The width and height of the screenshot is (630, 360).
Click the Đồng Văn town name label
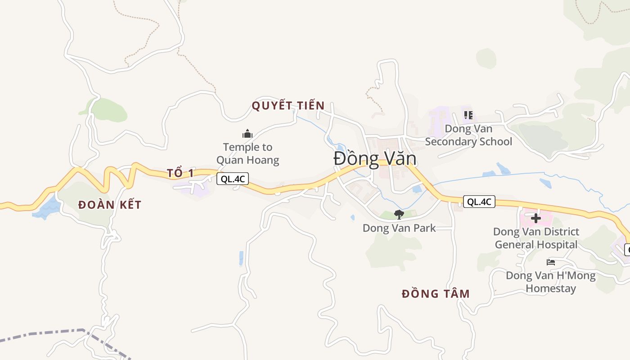click(375, 159)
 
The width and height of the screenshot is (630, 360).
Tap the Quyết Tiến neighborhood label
click(288, 106)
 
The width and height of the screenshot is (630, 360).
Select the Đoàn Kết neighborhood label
click(110, 205)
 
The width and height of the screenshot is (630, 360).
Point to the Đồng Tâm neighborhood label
click(436, 294)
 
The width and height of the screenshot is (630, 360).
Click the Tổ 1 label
click(180, 173)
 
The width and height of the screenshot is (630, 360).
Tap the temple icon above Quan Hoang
click(247, 134)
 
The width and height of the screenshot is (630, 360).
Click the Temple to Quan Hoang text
click(248, 153)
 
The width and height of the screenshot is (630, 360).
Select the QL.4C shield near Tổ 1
click(233, 179)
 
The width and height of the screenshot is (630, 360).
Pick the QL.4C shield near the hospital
click(479, 202)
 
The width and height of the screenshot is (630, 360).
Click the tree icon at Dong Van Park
click(399, 215)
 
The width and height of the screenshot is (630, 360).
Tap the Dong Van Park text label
click(399, 228)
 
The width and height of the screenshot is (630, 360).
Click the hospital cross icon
click(535, 219)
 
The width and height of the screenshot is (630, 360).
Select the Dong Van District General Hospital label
click(536, 238)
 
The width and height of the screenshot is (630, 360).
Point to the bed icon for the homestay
click(551, 262)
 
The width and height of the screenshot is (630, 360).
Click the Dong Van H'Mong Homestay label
click(551, 282)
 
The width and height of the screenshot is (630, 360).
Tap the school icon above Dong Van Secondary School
click(468, 115)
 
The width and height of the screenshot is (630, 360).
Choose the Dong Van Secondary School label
click(468, 135)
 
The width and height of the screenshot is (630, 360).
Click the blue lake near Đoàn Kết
click(47, 208)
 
